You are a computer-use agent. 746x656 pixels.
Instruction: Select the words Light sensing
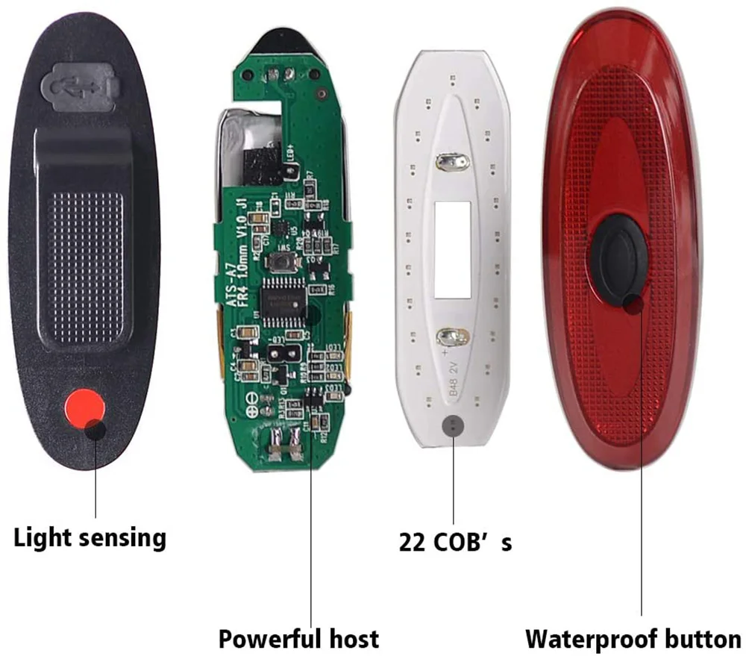coord(90,537)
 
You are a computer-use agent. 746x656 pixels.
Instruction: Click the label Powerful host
coord(298,639)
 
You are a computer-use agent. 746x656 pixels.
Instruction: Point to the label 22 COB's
coord(455,543)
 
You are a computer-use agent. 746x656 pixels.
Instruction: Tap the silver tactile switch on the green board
coord(283,262)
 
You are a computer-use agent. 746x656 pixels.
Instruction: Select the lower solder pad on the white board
coord(452,336)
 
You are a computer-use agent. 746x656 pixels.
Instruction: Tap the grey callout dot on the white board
coord(453,425)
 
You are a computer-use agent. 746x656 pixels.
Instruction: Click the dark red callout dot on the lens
coord(634,303)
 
